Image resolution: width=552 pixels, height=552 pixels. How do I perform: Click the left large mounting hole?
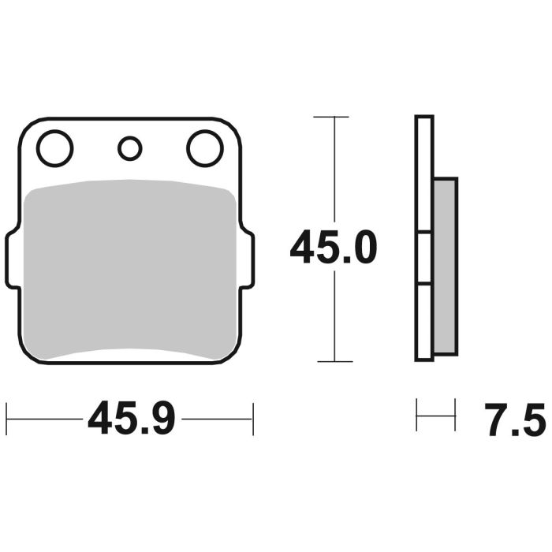[54, 148]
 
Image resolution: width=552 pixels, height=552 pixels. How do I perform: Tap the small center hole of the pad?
[129, 147]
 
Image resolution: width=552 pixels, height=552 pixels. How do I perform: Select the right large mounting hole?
[205, 148]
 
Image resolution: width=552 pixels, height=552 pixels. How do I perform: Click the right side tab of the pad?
[248, 259]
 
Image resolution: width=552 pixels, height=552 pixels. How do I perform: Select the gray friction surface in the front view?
[130, 268]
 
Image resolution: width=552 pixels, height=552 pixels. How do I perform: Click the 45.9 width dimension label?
[131, 419]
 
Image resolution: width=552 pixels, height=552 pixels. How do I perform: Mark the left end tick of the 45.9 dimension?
[6, 419]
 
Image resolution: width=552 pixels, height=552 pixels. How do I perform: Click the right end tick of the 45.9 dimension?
[253, 419]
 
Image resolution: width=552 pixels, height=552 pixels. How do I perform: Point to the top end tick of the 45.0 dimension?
[331, 117]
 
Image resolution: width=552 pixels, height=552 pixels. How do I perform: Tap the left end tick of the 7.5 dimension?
[417, 415]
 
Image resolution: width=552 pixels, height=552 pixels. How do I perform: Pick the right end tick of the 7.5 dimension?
[455, 415]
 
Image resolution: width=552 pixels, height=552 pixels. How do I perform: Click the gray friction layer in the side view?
[445, 266]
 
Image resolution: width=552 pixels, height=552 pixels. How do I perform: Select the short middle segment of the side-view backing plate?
[424, 258]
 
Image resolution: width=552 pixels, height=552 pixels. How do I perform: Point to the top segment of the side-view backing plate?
[424, 173]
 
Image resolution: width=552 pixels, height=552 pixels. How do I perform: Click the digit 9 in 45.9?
[161, 419]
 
